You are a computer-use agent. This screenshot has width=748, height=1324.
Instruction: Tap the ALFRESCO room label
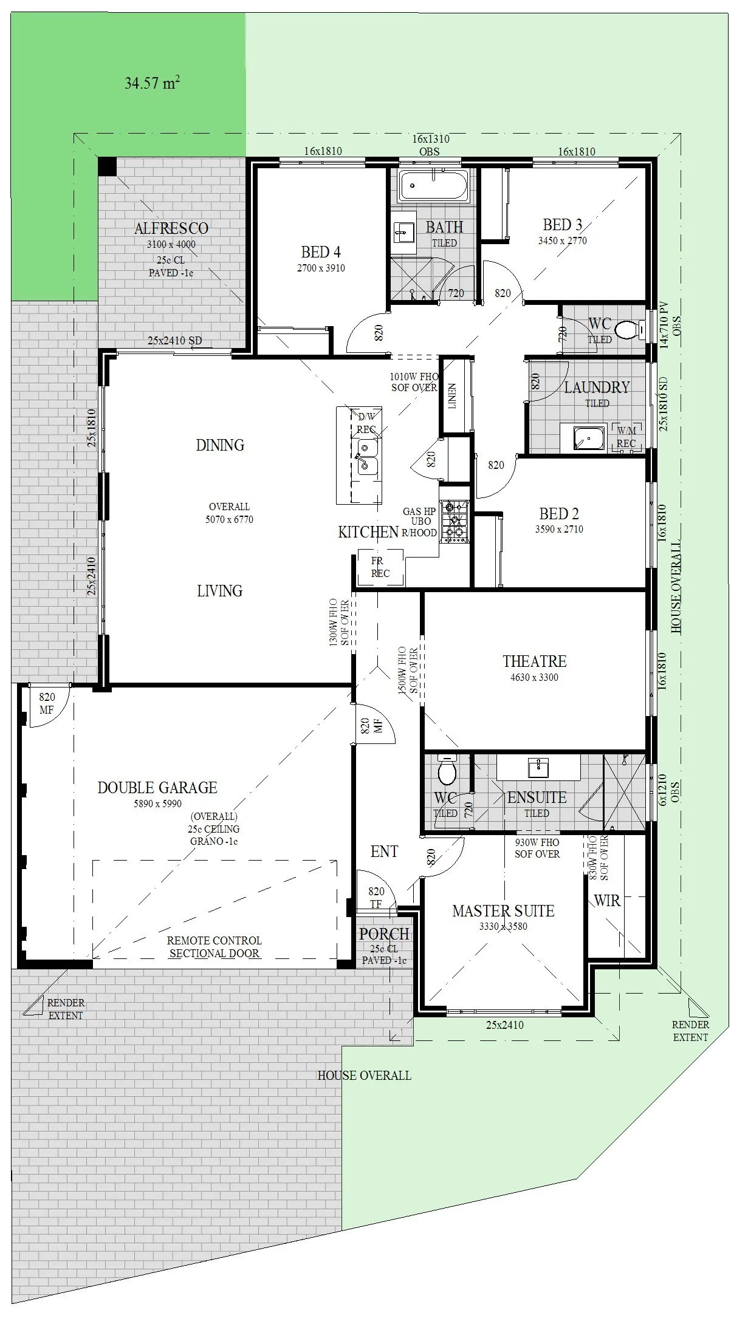[171, 228]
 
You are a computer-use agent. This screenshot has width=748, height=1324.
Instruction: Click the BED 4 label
[321, 251]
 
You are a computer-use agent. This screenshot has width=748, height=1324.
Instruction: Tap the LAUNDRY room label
[597, 387]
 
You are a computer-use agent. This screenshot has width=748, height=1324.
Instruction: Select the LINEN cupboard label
[453, 396]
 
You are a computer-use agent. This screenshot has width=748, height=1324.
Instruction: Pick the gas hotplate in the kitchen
[455, 520]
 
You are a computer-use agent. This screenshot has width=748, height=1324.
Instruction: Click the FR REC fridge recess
[380, 567]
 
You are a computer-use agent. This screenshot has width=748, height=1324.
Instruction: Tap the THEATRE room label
[535, 661]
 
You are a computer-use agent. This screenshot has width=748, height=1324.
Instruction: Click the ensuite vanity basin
[538, 768]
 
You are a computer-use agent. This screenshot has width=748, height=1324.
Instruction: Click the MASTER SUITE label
[503, 911]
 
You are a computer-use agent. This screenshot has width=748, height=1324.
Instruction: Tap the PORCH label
[384, 934]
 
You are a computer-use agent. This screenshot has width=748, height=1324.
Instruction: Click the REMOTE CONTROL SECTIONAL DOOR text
[214, 947]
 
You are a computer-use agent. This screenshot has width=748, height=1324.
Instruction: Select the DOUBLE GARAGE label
[157, 788]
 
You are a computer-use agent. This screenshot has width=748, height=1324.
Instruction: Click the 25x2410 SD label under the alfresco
[174, 341]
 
